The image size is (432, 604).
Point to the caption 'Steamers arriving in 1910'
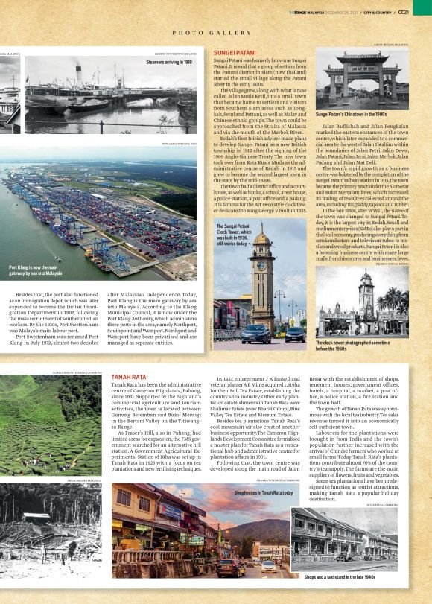click(169, 63)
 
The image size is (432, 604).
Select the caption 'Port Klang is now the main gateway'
click(36, 270)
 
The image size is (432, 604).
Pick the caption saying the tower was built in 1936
click(233, 234)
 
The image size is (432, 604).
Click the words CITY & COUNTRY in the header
click(381, 12)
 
